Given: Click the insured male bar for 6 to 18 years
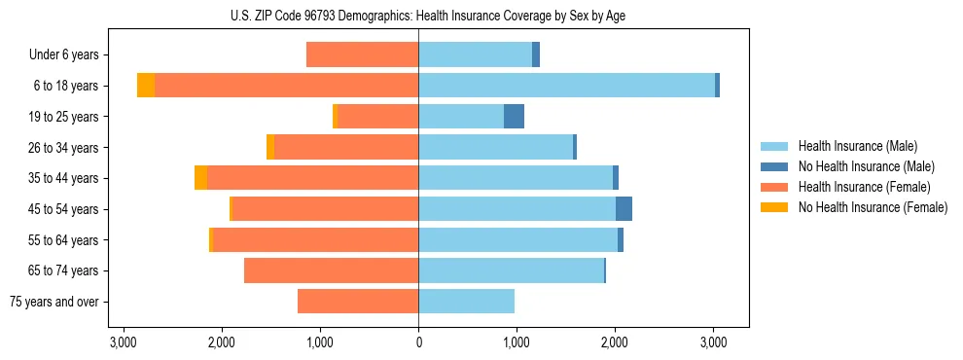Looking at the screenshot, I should coord(566,86).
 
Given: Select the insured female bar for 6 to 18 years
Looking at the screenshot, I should coord(286,86).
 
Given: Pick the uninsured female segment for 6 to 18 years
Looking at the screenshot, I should coord(146,86).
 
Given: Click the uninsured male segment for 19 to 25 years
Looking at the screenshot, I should coord(514,117).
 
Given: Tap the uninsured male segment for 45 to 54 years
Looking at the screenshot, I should coord(624,209).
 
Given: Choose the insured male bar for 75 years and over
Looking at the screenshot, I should coord(466,302).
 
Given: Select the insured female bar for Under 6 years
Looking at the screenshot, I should coord(362,54).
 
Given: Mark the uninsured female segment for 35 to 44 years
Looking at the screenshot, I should coord(200,178).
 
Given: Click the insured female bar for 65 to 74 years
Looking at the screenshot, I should coord(331,270).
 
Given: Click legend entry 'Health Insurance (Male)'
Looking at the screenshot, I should coord(857,146).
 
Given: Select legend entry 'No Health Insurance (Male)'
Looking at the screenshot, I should coord(866,166).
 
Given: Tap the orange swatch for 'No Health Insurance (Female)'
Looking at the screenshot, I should coord(775,207).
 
